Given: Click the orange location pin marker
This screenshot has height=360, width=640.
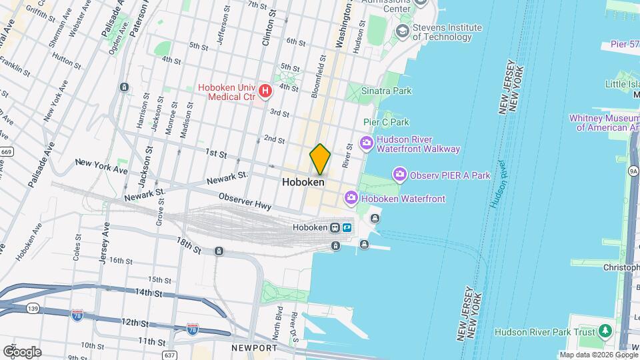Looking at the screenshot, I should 320,159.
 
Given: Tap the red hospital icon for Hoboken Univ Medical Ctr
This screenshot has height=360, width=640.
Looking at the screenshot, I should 265,90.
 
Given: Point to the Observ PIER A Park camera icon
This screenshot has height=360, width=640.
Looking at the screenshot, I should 399,175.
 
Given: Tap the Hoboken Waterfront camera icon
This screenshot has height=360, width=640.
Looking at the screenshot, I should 351,197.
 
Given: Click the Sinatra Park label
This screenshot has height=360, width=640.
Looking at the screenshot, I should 386,91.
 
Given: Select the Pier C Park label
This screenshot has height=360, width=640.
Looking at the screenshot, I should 386,122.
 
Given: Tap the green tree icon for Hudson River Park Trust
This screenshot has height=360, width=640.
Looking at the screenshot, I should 605,331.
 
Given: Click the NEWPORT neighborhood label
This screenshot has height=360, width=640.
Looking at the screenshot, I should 254,348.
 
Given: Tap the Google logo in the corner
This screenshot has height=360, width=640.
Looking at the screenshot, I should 22,351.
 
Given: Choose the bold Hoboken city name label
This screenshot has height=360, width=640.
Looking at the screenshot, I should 303,181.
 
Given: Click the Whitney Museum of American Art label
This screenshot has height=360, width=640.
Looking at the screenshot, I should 604,123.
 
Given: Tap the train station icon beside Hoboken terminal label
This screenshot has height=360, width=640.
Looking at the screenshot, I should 335,227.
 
